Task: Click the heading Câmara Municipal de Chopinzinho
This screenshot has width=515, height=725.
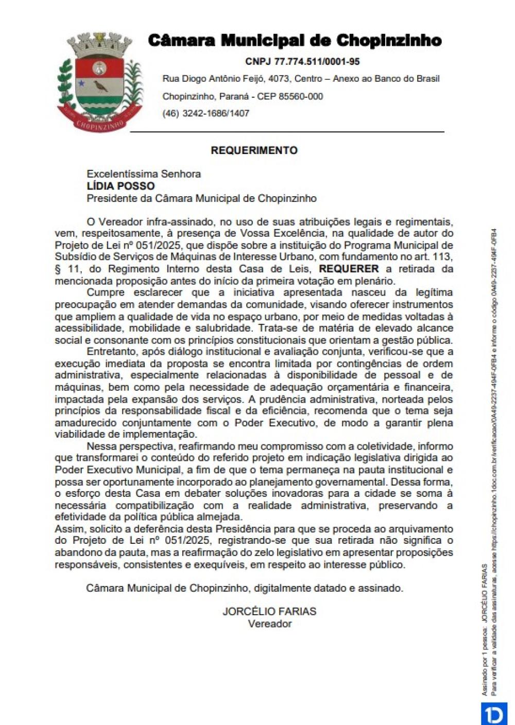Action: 294,41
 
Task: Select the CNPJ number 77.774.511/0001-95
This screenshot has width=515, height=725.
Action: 302,62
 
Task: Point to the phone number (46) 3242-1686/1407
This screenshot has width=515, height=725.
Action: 205,113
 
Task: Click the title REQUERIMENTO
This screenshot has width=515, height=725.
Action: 254,150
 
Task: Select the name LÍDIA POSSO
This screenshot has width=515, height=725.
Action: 121,186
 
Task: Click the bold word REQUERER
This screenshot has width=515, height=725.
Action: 349,269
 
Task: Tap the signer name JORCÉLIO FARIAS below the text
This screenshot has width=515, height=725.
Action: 269,612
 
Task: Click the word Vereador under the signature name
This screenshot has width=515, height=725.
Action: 269,624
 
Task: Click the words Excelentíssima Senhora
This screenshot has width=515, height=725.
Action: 144,174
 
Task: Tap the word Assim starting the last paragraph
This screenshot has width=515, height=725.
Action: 70,529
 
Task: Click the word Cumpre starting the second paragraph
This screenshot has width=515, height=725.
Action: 105,292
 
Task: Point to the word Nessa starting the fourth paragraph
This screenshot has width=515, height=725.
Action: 100,446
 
